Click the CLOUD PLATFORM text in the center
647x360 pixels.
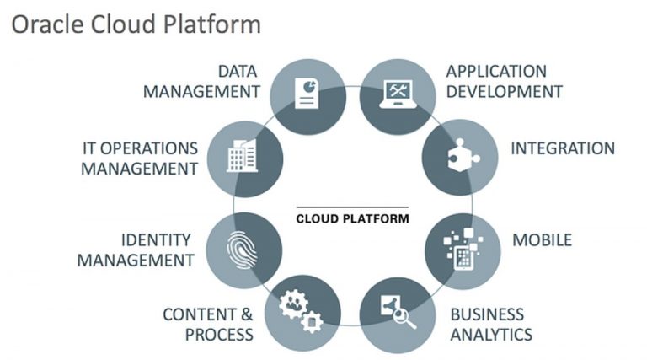click(x=352, y=218)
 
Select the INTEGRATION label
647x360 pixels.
click(x=562, y=148)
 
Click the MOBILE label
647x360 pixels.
click(x=542, y=240)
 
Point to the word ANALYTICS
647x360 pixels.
click(x=490, y=335)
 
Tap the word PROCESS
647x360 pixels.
click(x=219, y=335)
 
